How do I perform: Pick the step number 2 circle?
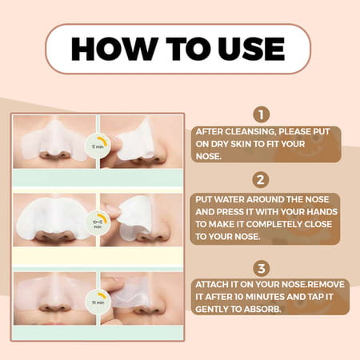pyautogui.click(x=260, y=180)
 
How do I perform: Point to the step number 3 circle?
pyautogui.click(x=260, y=267)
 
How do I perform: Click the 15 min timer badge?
pyautogui.click(x=98, y=146)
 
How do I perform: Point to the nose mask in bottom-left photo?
pyautogui.click(x=50, y=293)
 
